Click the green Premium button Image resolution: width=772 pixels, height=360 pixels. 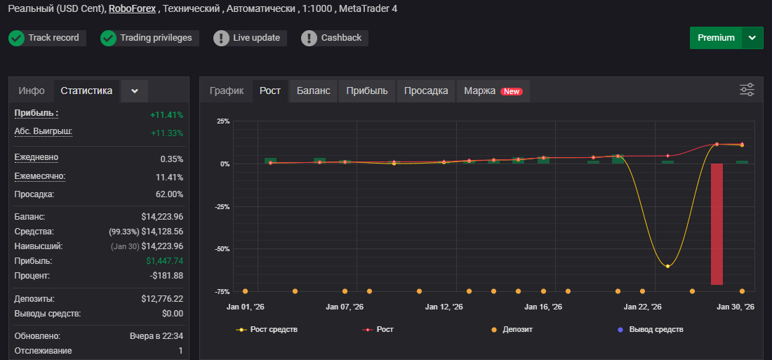[x=716, y=38]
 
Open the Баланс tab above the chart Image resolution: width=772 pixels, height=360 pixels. [x=313, y=91]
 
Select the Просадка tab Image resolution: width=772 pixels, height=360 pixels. [x=426, y=91]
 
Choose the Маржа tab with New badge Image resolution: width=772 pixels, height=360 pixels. [x=493, y=91]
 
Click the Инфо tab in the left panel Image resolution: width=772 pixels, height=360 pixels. [x=32, y=91]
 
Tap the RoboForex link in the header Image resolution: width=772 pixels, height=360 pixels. [x=133, y=9]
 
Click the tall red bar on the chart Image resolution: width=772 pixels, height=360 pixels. [x=717, y=224]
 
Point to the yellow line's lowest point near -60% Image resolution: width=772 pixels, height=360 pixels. [x=667, y=266]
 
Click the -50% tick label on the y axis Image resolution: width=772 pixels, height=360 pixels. [x=222, y=248]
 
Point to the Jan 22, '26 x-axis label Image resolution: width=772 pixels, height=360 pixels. [x=642, y=307]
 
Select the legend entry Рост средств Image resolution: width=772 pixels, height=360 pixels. [x=267, y=329]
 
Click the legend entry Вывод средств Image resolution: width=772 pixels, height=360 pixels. [x=651, y=329]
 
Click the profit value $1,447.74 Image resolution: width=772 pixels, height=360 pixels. [x=164, y=261]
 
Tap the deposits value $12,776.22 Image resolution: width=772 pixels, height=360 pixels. [x=162, y=299]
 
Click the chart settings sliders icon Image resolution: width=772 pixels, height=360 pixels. [x=747, y=90]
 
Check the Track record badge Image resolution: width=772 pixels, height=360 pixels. [x=47, y=38]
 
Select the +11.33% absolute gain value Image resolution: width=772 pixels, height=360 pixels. [x=167, y=133]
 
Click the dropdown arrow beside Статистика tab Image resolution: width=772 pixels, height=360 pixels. [x=135, y=91]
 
